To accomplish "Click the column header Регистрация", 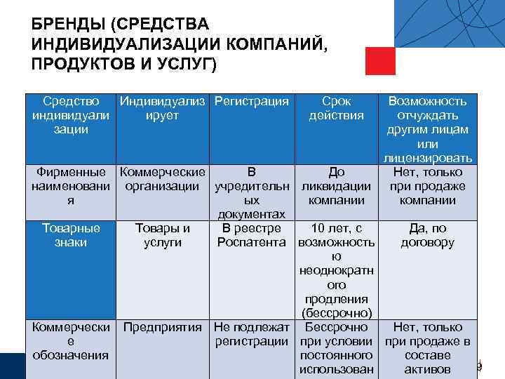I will point(252,102).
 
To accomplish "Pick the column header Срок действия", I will point(336,109).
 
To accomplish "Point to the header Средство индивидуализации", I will point(70,116).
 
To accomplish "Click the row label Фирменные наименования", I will point(70,186).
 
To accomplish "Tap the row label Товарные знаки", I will point(70,235).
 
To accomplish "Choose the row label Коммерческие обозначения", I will point(70,340).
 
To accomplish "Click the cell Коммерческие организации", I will point(163,179).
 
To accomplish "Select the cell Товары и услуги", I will point(163,235).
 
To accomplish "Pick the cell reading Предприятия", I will point(163,327).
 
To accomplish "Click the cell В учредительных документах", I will point(252,193).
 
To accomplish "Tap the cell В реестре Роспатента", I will point(252,235).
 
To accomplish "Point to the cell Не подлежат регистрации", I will point(252,334).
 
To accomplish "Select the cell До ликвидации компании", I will point(336,186).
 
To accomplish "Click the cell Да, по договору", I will point(427,235).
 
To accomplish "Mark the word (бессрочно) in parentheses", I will point(336,312).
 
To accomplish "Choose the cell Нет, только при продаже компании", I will point(427,186).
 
